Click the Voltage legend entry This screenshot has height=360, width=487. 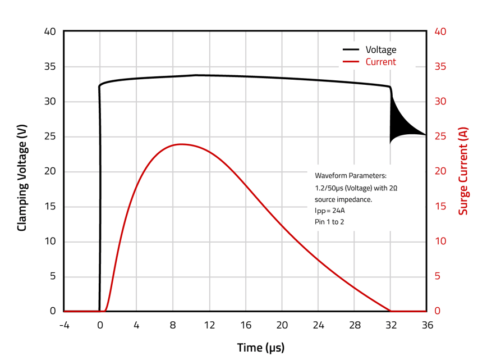click(x=380, y=50)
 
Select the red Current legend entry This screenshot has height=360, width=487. click(x=380, y=62)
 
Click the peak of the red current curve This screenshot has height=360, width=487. click(x=181, y=144)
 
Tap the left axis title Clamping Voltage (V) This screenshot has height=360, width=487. click(x=22, y=178)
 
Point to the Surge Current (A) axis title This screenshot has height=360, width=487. click(x=463, y=171)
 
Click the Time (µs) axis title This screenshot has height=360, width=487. click(x=260, y=348)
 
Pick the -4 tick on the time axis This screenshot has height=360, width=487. click(x=64, y=325)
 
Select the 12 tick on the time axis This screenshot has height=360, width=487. click(x=209, y=325)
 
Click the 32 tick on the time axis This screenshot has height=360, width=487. click(x=390, y=325)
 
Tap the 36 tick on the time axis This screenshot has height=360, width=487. click(x=427, y=325)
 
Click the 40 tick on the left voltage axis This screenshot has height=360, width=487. click(x=50, y=32)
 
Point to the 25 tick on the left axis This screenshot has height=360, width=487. click(x=50, y=136)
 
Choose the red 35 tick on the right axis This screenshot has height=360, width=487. click(x=440, y=67)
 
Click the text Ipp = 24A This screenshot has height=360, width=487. click(x=330, y=211)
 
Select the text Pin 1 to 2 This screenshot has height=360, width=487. click(x=330, y=222)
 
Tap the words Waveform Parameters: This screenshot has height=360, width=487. click(x=351, y=176)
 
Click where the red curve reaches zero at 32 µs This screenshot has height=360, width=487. click(x=390, y=311)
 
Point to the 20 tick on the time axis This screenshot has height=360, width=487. click(x=282, y=325)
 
